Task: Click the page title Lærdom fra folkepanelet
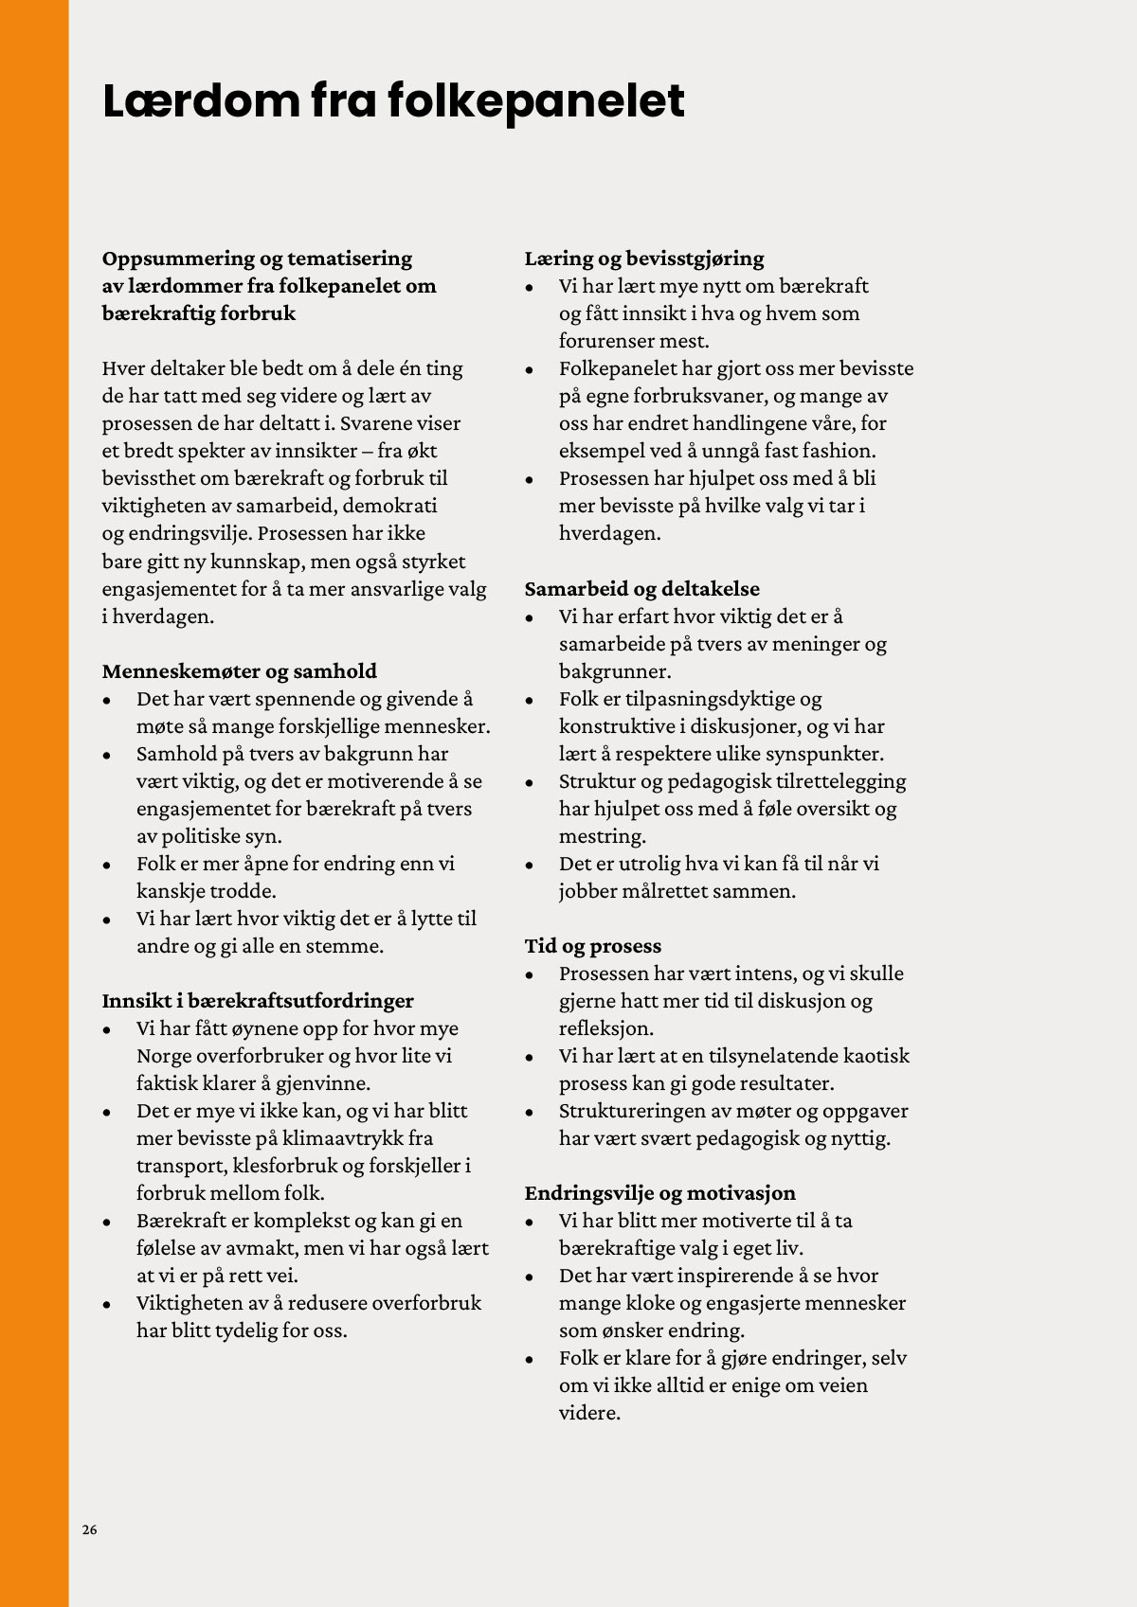[393, 101]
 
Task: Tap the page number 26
[89, 1529]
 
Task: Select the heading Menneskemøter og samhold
[240, 671]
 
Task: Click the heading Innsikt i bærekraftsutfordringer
[258, 1001]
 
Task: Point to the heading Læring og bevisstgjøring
[644, 259]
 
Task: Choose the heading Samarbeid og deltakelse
[642, 589]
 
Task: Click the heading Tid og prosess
[593, 946]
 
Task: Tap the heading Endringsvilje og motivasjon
[660, 1193]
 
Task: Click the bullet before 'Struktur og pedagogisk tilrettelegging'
[531, 782]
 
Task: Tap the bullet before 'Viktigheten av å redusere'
[108, 1305]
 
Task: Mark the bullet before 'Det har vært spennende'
[108, 701]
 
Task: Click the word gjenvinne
[322, 1083]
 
